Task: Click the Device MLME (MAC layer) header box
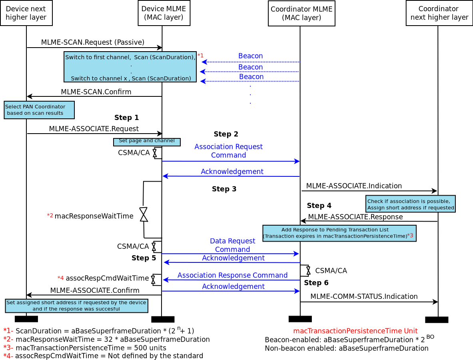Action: point(164,13)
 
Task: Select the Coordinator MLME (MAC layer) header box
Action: point(301,13)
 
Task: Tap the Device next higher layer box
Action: point(26,13)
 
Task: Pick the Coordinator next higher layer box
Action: point(439,13)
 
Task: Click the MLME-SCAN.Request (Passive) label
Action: point(93,42)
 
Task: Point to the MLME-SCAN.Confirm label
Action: point(96,92)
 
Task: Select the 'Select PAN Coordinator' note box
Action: point(39,110)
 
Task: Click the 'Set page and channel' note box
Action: point(147,142)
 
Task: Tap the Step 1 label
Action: point(126,118)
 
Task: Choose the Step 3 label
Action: point(224,189)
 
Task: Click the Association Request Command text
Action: point(228,151)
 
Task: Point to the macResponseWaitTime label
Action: point(94,216)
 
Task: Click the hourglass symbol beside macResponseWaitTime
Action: point(144,214)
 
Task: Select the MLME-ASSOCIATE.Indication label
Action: point(354,186)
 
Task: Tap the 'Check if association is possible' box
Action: point(410,204)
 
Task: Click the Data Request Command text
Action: point(232,245)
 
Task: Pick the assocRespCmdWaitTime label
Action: point(107,278)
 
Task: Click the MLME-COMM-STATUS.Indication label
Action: point(364,296)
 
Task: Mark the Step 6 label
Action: point(316,283)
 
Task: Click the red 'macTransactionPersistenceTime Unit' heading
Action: point(355,331)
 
